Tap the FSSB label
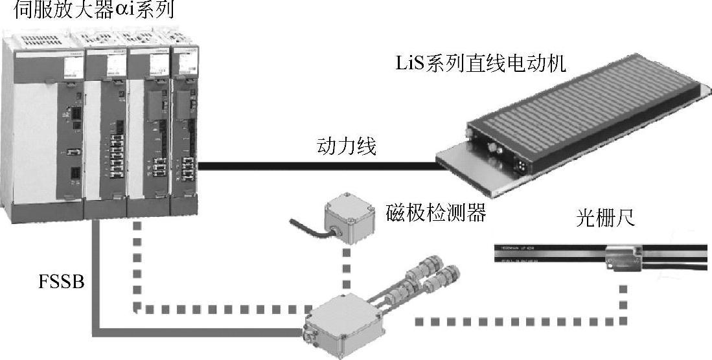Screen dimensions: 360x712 61,283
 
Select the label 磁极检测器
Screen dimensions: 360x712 435,212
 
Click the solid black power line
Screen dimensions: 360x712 317,166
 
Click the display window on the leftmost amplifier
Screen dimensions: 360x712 73,67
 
